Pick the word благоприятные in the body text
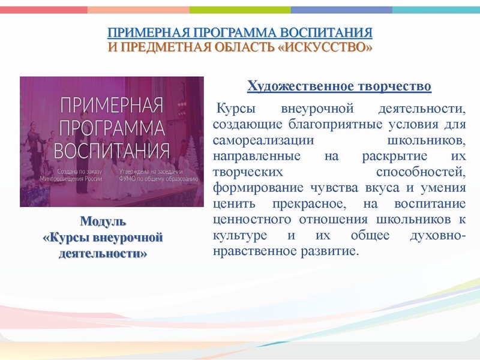pyautogui.click(x=319, y=125)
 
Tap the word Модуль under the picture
pyautogui.click(x=103, y=220)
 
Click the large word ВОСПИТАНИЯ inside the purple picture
pyautogui.click(x=112, y=148)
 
